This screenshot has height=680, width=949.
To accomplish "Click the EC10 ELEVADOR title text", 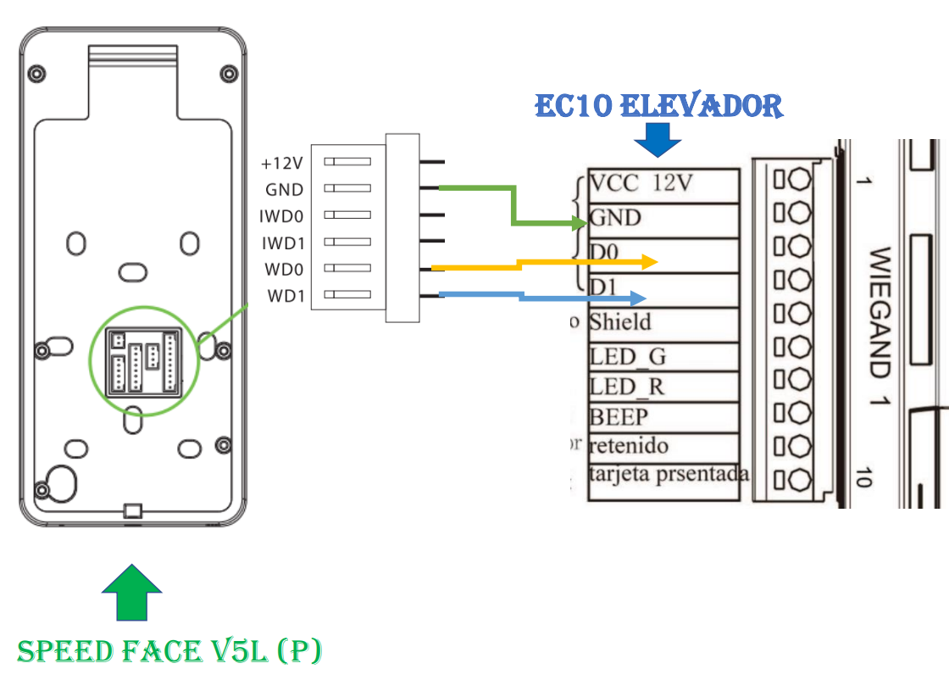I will coord(658,106).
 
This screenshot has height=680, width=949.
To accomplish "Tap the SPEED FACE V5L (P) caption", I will coord(169,651).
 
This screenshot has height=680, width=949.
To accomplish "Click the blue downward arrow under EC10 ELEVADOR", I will coord(658,140).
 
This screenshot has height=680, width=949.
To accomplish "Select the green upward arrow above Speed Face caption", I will coord(131,592).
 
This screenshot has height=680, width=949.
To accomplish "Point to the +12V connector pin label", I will coord(282,163).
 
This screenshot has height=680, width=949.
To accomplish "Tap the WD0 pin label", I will coord(285,270).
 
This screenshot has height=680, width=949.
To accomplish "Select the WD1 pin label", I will coord(285,296).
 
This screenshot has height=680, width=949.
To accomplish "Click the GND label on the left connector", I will coord(284,190).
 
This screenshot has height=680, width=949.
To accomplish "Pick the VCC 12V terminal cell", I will coord(663,184).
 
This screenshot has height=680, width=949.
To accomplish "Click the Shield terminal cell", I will coord(663,323).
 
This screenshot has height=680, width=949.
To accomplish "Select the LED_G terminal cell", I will coord(663,356).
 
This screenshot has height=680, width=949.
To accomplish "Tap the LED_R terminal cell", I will coord(663,387).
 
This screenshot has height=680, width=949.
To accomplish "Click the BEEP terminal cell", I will coord(663,417).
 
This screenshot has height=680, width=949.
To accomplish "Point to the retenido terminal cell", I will coord(663,446).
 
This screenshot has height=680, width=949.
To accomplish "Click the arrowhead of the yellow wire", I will coord(651,261).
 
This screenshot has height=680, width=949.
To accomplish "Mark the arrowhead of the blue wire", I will coord(640,298).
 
